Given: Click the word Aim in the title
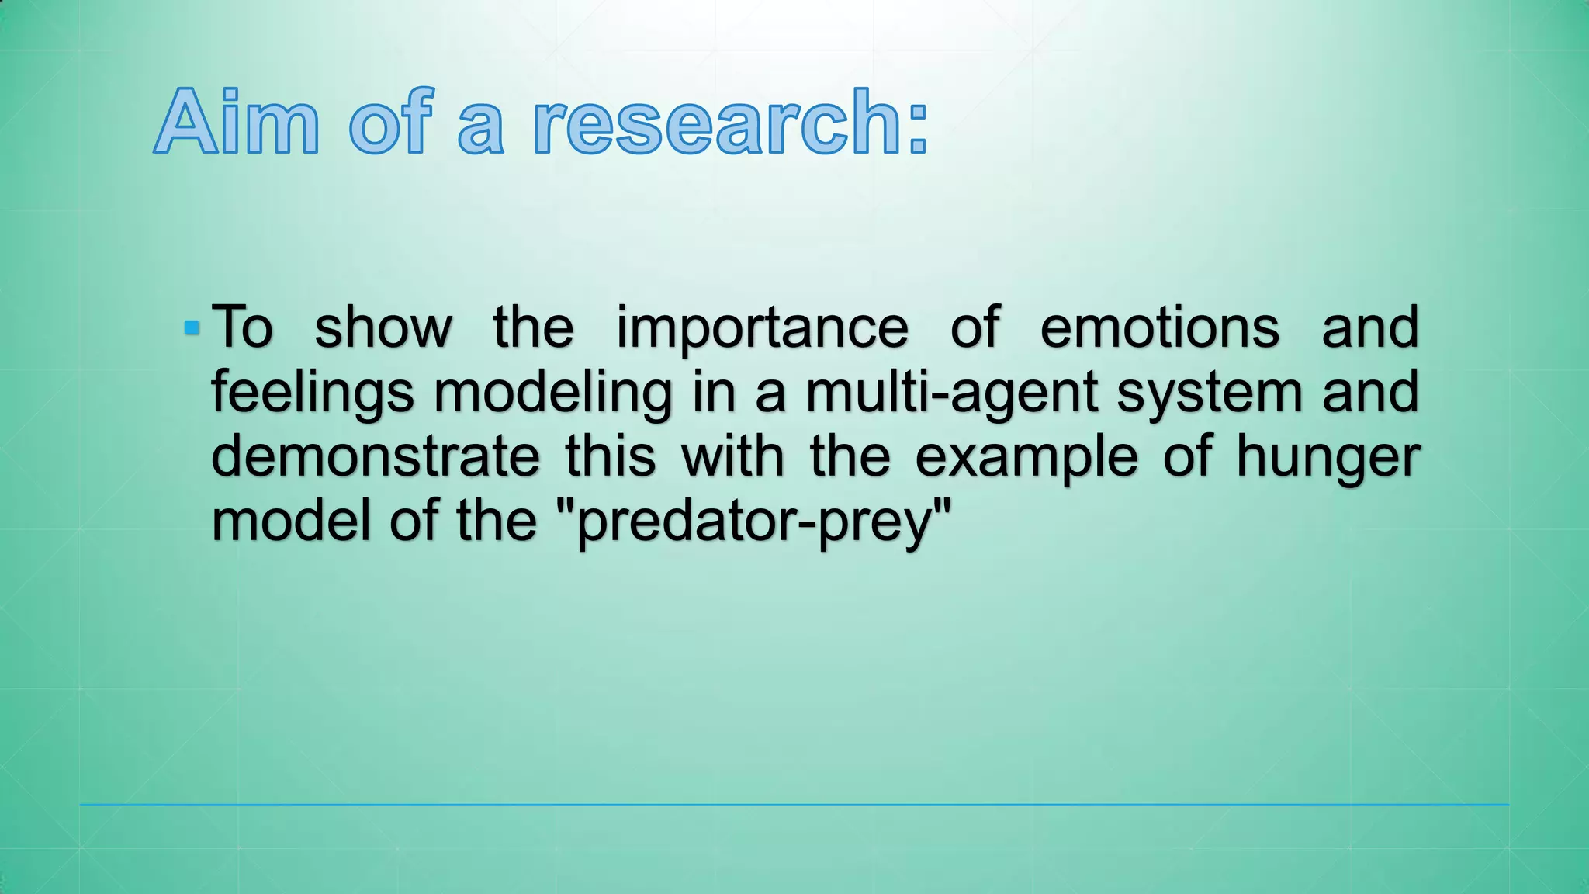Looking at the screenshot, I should pos(237,123).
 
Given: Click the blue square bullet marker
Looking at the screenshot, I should pos(192,328).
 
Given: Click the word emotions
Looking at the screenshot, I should pos(1159,327).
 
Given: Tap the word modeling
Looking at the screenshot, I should pos(552,393).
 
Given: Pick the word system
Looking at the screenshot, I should pos(1209,393).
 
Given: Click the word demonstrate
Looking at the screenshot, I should pos(375,457).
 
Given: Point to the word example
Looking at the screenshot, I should pos(1026,458).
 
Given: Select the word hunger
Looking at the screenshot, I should pos(1328,458).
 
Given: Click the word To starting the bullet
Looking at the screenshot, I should pos(242,327).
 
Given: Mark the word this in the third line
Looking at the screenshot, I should pos(610,457).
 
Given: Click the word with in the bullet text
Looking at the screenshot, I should pos(732,457).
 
